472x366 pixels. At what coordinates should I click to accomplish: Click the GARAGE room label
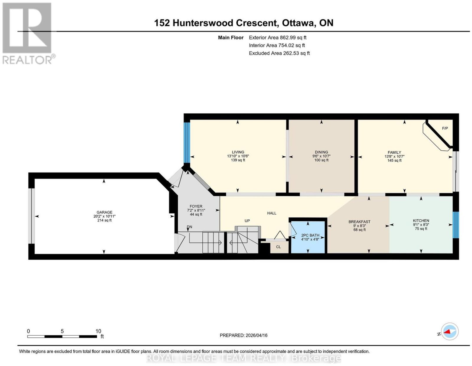[104, 212]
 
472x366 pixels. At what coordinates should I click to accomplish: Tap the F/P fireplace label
[445, 128]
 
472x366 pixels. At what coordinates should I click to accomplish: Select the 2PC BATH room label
[310, 235]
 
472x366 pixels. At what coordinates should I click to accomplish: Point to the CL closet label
[278, 247]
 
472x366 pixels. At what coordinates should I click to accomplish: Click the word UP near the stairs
[247, 221]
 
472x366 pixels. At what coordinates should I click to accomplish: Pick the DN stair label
[189, 227]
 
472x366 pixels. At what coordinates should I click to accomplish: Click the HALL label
[271, 213]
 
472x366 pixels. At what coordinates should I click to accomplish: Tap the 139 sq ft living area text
[238, 160]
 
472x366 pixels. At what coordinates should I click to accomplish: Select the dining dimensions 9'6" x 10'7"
[321, 156]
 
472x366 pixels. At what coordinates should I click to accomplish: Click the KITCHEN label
[421, 221]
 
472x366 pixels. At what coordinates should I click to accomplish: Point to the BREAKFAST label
[359, 222]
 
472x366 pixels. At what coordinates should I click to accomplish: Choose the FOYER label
[196, 206]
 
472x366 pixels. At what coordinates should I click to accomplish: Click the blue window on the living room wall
[187, 143]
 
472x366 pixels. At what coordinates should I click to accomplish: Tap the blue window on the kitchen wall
[456, 225]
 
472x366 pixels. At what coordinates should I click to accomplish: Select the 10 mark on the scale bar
[98, 331]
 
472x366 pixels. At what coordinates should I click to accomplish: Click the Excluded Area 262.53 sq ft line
[279, 53]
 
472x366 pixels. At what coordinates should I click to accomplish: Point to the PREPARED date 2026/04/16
[243, 335]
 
